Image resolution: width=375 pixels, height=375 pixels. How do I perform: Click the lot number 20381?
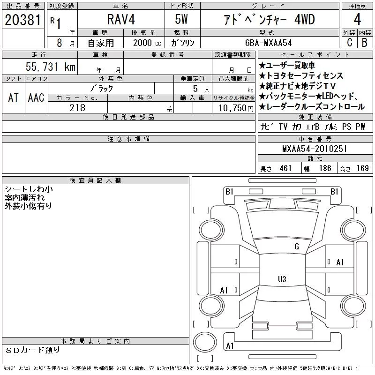22,20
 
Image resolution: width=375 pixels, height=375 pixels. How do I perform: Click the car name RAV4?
121,19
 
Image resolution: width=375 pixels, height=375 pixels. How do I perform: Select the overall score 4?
357,19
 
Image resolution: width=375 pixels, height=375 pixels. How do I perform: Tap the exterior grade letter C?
349,42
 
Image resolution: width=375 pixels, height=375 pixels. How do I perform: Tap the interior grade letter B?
365,42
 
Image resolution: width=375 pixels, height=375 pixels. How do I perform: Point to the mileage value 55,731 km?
51,67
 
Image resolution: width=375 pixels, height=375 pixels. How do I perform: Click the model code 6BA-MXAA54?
268,43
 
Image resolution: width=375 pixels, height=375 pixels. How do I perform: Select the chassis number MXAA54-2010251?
315,149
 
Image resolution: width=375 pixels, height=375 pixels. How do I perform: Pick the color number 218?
77,108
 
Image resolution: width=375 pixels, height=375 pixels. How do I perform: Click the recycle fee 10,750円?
236,108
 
